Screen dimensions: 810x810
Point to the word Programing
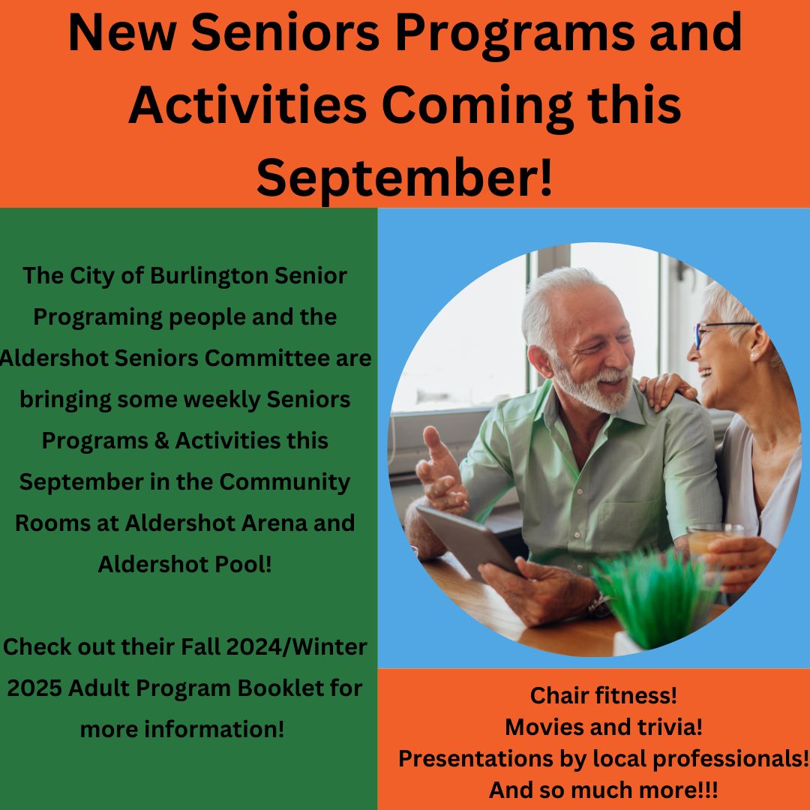tap(97, 316)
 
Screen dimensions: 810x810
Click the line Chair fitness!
tap(604, 695)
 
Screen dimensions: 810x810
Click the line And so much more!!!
tap(604, 790)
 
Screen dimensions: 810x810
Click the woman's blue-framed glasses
tap(716, 331)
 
